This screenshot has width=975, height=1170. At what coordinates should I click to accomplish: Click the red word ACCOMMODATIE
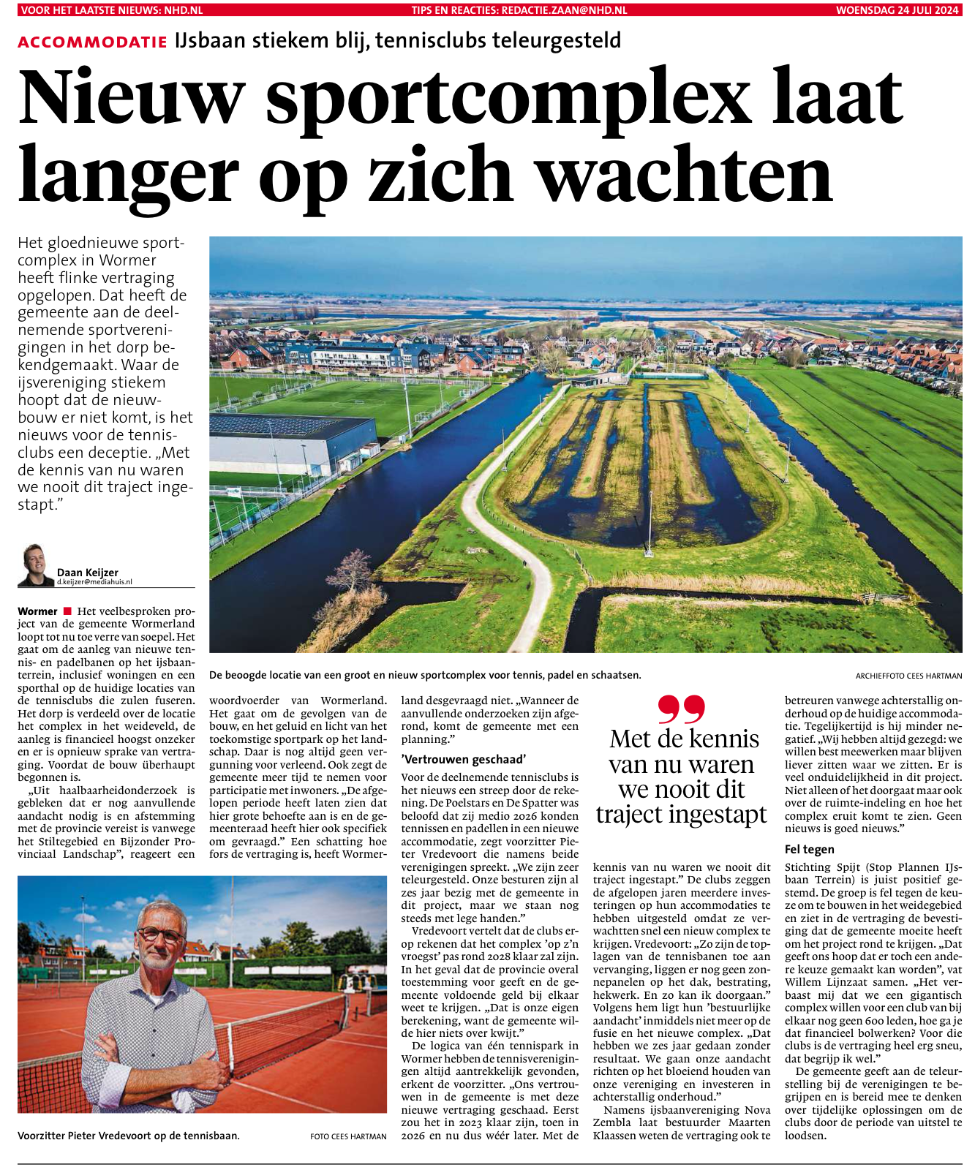point(92,42)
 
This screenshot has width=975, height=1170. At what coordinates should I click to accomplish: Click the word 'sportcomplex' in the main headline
point(508,98)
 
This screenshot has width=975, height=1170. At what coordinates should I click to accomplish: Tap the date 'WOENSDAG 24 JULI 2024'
point(897,10)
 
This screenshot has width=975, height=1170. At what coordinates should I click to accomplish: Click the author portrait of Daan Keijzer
point(35,565)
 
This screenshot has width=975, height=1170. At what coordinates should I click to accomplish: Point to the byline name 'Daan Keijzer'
point(87,573)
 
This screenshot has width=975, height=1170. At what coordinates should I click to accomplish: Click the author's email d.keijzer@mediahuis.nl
point(94,582)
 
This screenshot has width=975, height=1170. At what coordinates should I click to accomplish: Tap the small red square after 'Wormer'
point(67,611)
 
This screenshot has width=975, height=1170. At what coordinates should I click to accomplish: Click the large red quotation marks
point(681,709)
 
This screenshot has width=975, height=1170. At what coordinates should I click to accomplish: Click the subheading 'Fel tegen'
point(809,849)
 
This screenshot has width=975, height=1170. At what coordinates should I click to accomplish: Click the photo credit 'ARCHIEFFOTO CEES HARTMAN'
point(908,676)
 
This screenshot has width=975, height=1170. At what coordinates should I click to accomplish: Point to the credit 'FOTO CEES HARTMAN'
point(348,1136)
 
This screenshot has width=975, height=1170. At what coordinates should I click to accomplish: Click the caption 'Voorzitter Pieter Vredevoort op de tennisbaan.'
point(129,1136)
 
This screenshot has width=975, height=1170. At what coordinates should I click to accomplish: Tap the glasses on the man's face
point(160,935)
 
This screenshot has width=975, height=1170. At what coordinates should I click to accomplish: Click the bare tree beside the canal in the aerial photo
point(354,570)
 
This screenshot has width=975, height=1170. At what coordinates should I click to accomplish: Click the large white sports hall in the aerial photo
point(293,446)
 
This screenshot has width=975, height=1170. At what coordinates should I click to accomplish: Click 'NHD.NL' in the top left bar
point(184,10)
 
